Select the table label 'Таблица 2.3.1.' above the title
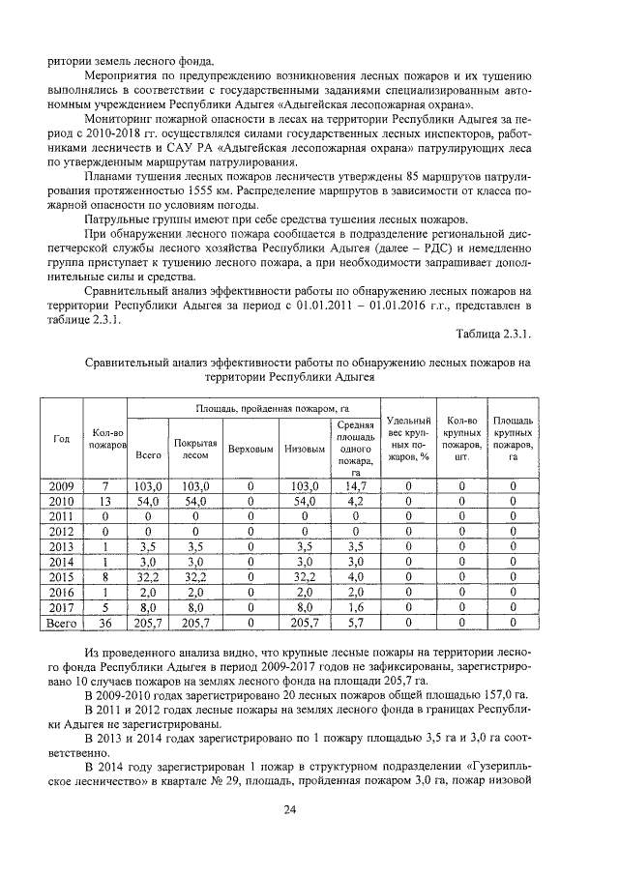(x=493, y=334)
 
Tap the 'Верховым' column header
(x=250, y=449)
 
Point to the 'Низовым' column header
(x=305, y=449)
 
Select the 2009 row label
(x=61, y=485)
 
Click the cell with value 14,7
(x=355, y=485)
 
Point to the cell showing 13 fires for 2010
(x=103, y=501)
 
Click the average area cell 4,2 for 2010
(x=355, y=501)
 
